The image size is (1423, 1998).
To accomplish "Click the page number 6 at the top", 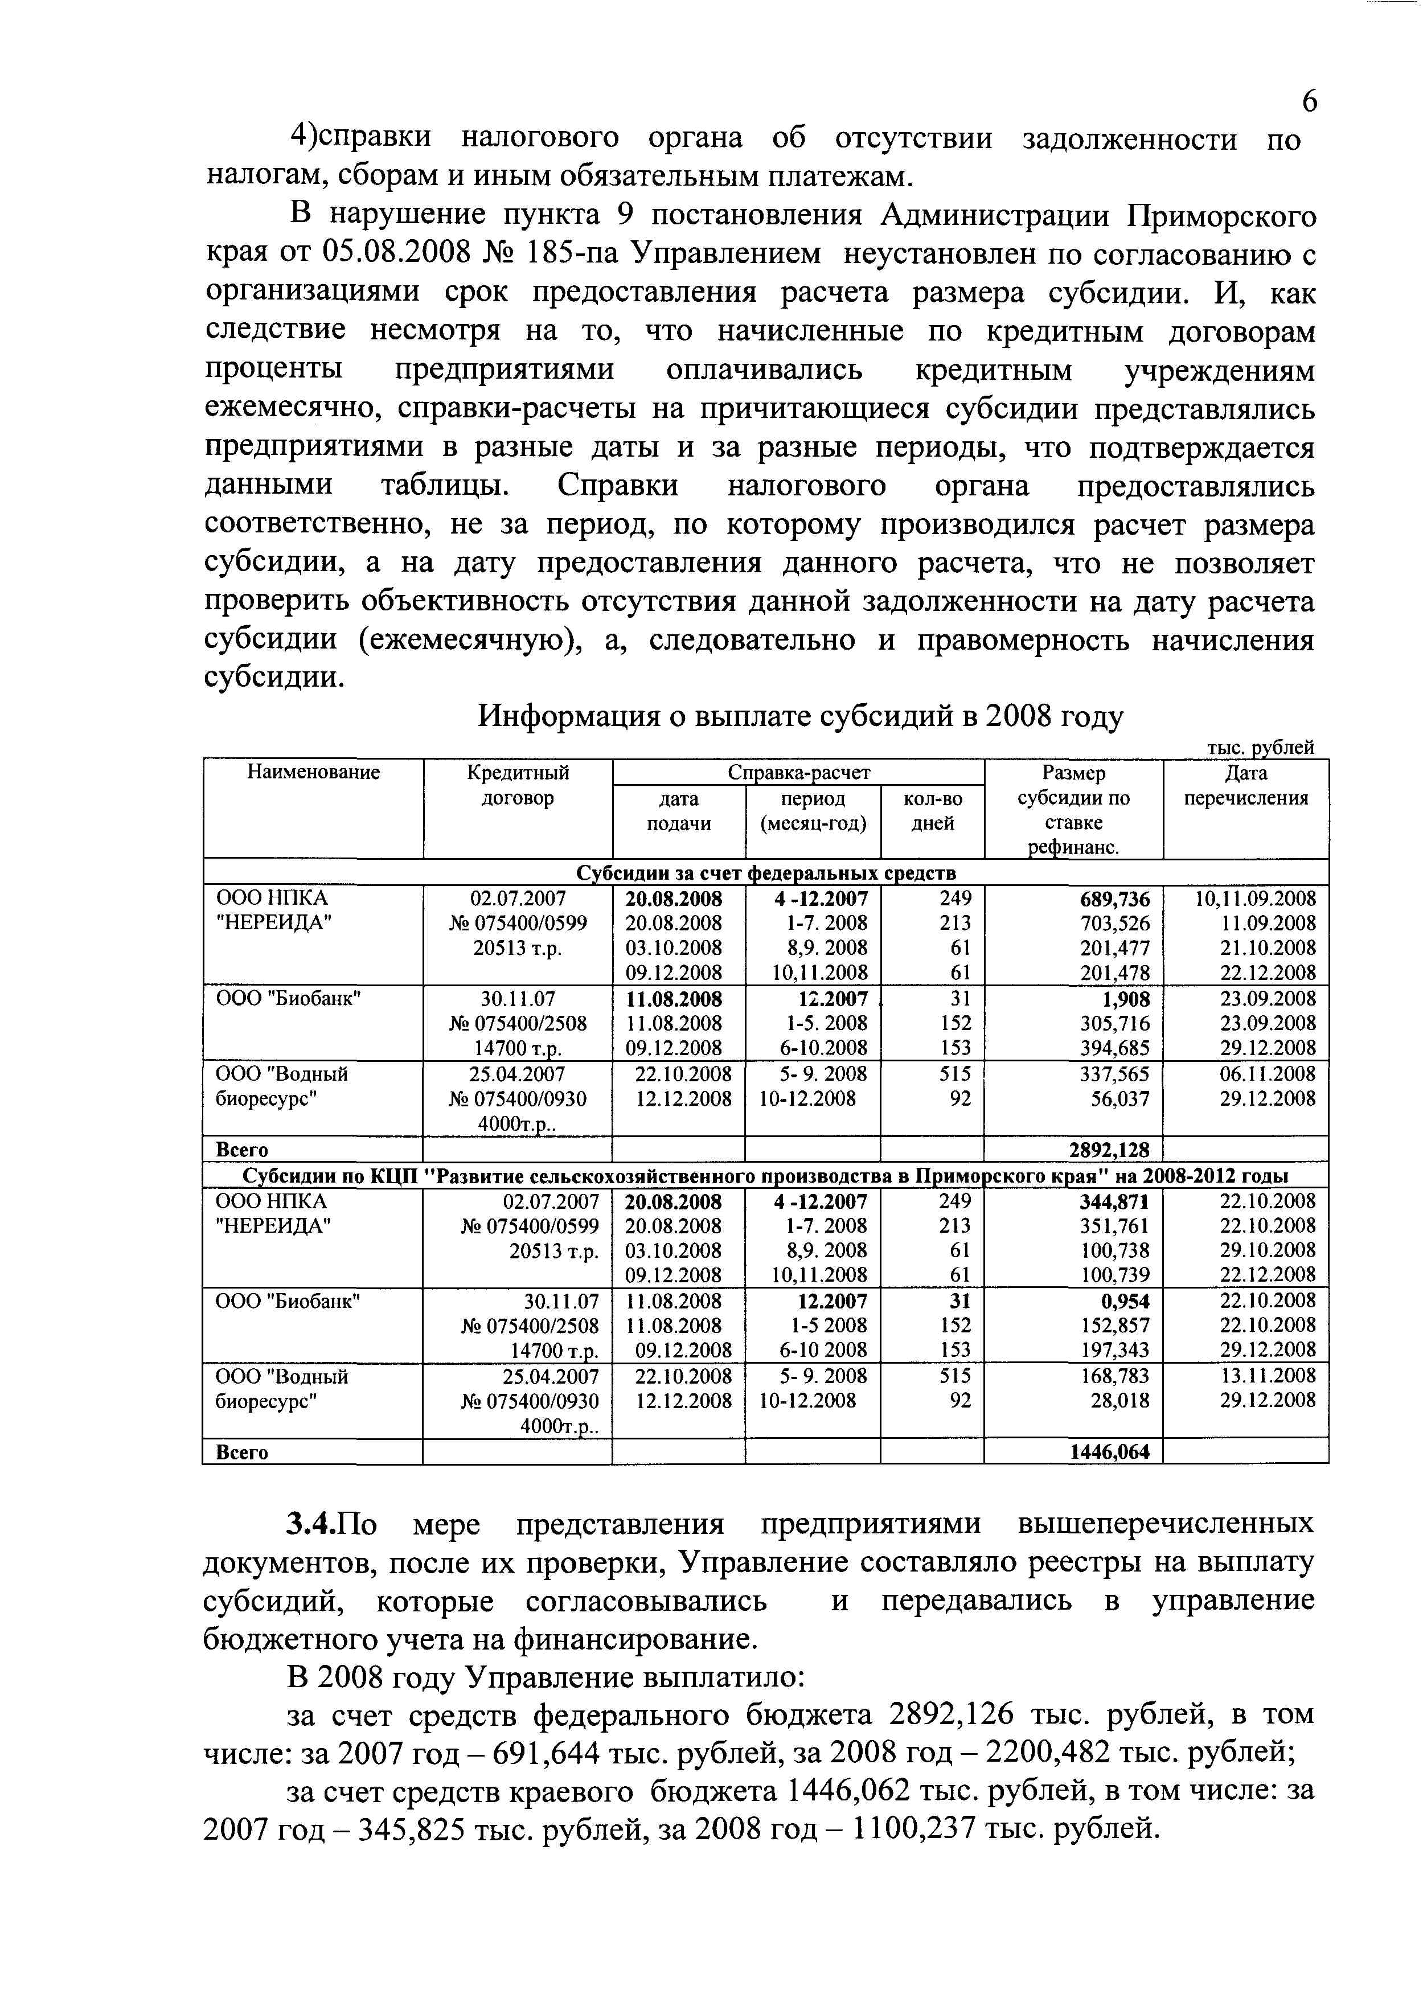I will pyautogui.click(x=1308, y=102).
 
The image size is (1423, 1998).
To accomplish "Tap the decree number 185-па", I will pyautogui.click(x=572, y=253).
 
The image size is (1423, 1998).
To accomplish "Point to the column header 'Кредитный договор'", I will pyautogui.click(x=518, y=785).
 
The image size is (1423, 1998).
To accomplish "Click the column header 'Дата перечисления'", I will pyautogui.click(x=1245, y=785).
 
